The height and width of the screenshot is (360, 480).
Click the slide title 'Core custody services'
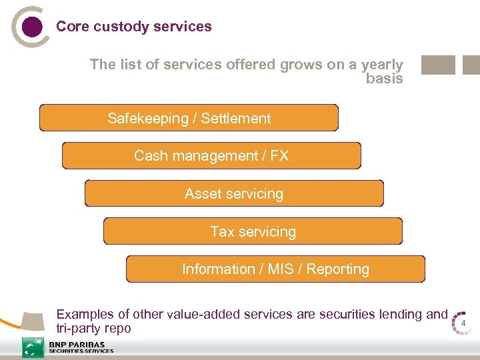pos(134,27)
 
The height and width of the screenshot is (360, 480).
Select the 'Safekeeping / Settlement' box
pos(189,118)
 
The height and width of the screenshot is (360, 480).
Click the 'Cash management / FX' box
pos(211,155)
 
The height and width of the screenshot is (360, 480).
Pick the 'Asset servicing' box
pos(234,193)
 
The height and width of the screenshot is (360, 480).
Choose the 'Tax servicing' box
pos(253,231)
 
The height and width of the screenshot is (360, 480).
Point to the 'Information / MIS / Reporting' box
pos(275,269)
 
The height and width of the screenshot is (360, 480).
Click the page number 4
pos(463,325)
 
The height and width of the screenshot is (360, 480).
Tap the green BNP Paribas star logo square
pos(33,347)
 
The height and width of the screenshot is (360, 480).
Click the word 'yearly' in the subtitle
pos(382,65)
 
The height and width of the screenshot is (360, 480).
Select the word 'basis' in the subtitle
pos(385,79)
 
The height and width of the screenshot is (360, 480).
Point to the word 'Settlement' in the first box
pos(236,119)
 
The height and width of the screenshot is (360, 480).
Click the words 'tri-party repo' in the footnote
pos(94,329)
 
